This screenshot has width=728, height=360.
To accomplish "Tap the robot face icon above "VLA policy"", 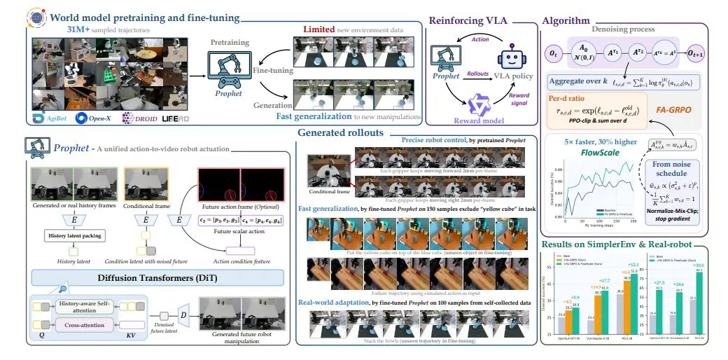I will pos(508,57).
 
